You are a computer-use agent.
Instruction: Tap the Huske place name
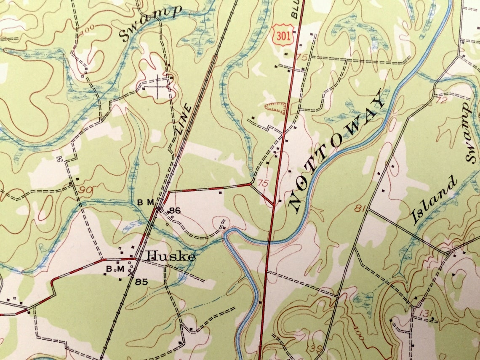171,256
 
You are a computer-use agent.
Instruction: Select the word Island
434,200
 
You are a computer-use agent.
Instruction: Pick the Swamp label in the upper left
150,24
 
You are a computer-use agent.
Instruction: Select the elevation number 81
359,208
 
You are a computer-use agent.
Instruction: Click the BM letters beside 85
112,268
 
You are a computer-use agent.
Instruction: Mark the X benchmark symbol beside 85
131,272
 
